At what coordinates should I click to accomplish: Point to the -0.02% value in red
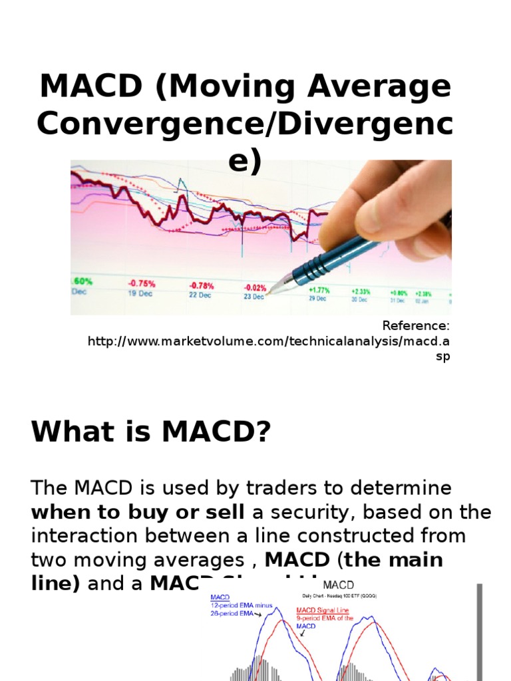pos(255,287)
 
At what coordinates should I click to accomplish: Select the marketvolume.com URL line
pos(269,341)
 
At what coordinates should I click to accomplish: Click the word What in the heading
pos(68,433)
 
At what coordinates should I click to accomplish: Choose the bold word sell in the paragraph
pos(224,512)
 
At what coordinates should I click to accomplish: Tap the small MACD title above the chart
pos(339,585)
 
